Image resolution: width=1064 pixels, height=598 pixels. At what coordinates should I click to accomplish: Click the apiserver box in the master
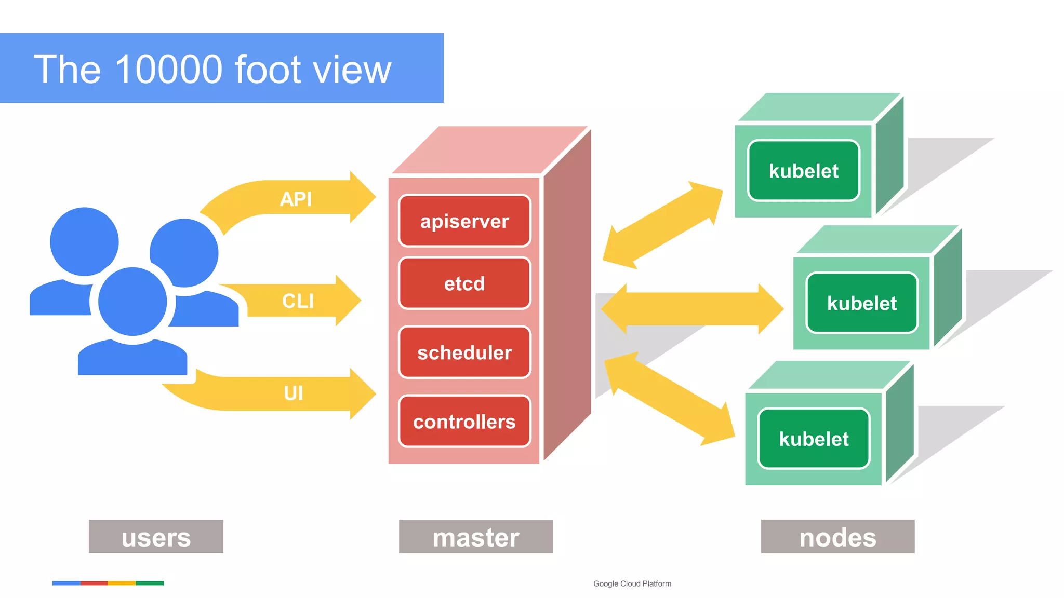click(x=464, y=221)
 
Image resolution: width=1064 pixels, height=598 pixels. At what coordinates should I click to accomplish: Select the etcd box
click(x=464, y=283)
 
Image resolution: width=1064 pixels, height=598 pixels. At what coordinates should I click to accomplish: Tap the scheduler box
click(x=464, y=352)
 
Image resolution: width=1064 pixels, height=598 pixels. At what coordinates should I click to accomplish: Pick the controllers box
click(x=464, y=422)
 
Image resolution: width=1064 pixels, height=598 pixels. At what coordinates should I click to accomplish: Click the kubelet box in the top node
click(x=803, y=171)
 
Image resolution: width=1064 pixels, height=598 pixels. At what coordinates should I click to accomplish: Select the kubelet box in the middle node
click(x=861, y=303)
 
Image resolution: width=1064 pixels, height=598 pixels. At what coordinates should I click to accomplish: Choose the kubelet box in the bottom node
click(x=814, y=439)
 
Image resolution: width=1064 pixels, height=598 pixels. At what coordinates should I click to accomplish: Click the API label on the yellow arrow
click(x=296, y=199)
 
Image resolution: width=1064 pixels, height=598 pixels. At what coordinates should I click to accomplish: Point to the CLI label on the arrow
click(x=298, y=301)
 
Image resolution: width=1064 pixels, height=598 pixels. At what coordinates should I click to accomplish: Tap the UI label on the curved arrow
click(x=294, y=393)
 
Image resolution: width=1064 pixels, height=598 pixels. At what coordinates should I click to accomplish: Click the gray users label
click(x=156, y=537)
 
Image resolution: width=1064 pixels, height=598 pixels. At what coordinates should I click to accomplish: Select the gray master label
click(x=475, y=537)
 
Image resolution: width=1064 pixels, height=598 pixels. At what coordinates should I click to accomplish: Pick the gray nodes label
click(x=837, y=537)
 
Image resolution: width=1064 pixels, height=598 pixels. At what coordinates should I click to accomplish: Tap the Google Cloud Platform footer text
click(x=632, y=583)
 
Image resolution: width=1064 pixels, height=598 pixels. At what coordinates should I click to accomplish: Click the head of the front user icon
click(x=132, y=301)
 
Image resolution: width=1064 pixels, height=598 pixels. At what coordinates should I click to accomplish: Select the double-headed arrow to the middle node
click(x=692, y=309)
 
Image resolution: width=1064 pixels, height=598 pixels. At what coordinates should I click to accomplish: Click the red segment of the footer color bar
click(x=94, y=583)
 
